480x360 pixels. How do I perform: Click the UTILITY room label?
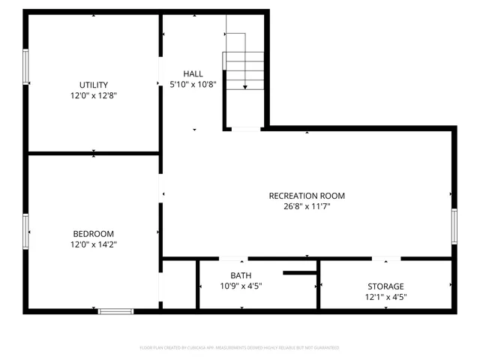pos(94,84)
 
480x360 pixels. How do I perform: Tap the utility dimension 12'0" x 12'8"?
pos(94,95)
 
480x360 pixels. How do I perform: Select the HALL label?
pos(193,73)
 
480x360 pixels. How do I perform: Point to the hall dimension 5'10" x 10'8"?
pos(193,84)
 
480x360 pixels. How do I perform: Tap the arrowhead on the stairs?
pos(245,87)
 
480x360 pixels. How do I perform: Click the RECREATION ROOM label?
pos(307,196)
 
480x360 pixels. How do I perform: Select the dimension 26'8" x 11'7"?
pos(307,207)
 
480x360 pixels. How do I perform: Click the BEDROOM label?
pos(94,232)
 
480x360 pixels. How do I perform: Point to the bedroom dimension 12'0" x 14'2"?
pos(94,244)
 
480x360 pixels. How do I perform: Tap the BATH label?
pos(241,274)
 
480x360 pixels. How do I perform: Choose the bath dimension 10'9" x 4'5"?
pos(241,286)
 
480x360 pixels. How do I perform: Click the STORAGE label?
pos(385,286)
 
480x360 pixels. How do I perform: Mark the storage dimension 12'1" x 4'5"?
pos(385,298)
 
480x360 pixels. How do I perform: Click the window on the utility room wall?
pos(25,66)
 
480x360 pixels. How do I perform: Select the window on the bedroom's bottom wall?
pos(115,310)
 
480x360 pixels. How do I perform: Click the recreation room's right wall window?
pos(454,226)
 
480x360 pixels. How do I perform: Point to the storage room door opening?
pos(386,259)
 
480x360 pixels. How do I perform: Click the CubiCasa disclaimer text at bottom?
pos(240,348)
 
